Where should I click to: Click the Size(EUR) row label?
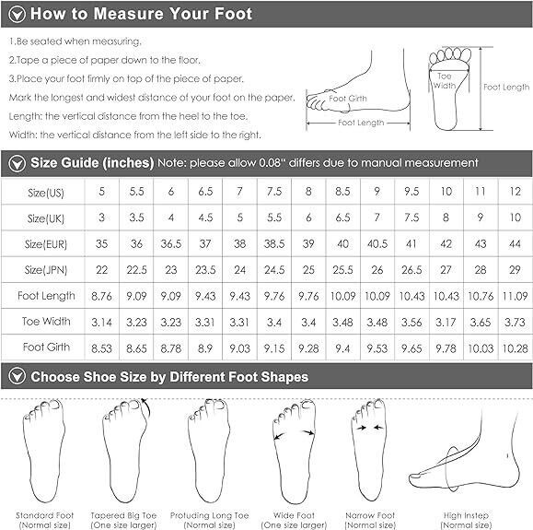coord(46,244)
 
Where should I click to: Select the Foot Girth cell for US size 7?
coord(239,348)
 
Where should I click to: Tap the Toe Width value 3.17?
coord(446,322)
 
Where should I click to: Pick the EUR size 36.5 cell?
coord(171,243)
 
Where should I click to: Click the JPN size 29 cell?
coord(515,270)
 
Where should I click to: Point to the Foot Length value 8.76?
coord(101,296)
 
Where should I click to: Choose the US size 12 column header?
coord(515,192)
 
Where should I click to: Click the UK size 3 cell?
coord(101,218)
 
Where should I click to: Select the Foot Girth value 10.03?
coord(481,348)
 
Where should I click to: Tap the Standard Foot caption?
coord(44,520)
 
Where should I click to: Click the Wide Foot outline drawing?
coord(295,451)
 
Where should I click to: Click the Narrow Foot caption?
coord(370,520)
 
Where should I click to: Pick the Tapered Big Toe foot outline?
coord(125,450)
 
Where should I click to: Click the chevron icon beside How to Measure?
coord(17,15)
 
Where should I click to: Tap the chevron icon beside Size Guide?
coord(17,163)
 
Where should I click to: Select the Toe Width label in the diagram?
coord(445,81)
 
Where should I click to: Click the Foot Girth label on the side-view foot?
coord(348,99)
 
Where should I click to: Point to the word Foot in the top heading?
coord(233,14)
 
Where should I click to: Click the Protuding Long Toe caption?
coord(209,520)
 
